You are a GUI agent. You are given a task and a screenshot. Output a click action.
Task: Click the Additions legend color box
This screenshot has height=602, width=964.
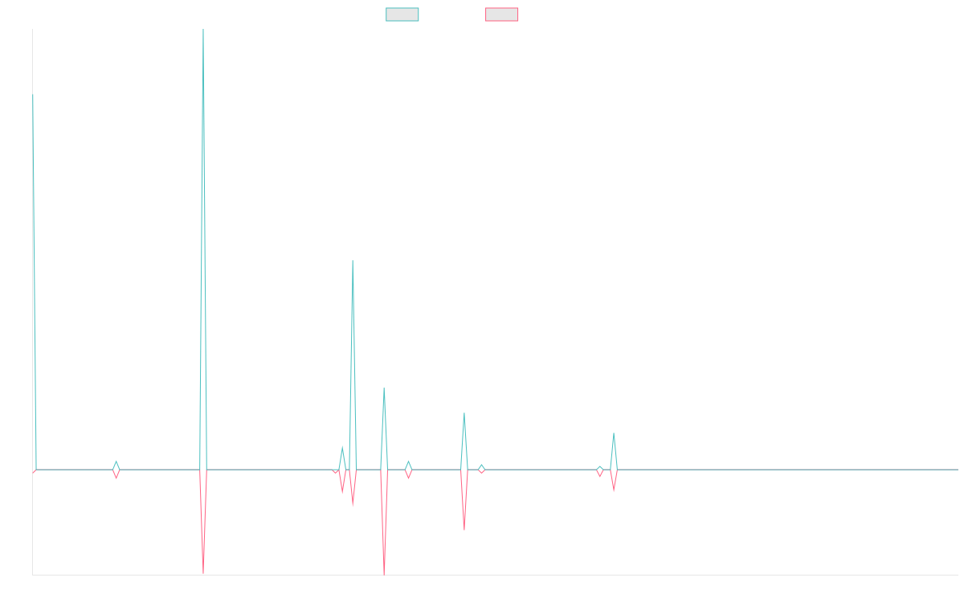(x=402, y=14)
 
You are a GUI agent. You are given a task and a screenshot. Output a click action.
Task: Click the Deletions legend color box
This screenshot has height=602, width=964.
(x=501, y=14)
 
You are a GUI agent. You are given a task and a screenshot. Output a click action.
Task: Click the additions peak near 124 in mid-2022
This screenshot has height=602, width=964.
(x=353, y=262)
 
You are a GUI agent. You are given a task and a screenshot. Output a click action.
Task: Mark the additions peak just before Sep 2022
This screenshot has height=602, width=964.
(x=384, y=388)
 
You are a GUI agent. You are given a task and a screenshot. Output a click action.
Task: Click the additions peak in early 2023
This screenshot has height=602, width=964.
(x=464, y=414)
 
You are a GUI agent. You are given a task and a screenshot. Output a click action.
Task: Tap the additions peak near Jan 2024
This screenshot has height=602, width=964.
(x=614, y=434)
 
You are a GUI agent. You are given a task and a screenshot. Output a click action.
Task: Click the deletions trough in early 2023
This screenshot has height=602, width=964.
(x=464, y=529)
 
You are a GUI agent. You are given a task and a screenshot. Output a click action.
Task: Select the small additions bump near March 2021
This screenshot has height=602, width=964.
(x=116, y=462)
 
